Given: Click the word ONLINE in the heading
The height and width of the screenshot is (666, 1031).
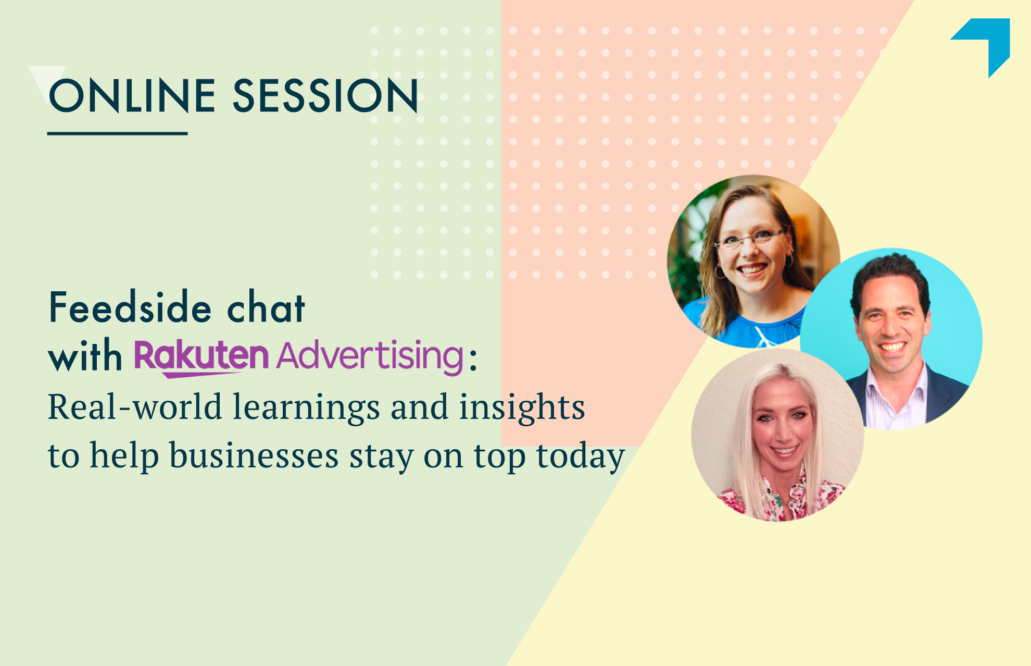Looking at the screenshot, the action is click(132, 96).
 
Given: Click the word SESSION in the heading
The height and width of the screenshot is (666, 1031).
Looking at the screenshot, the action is click(325, 96).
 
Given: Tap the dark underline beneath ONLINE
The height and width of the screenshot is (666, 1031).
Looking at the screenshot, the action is click(118, 134).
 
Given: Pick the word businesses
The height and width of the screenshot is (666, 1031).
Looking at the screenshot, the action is click(254, 455).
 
